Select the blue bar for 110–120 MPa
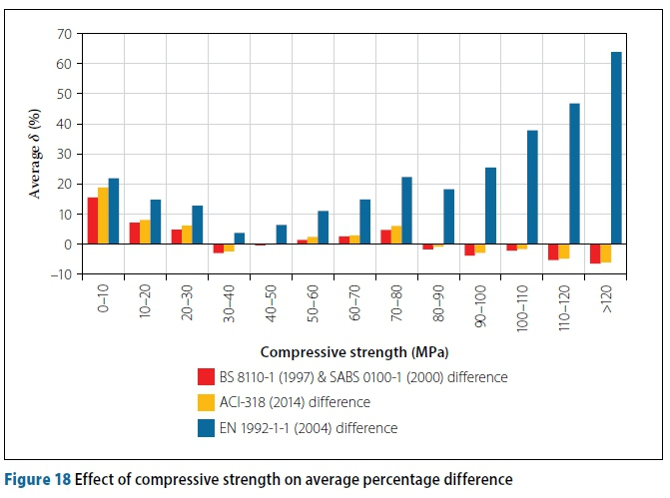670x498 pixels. (574, 174)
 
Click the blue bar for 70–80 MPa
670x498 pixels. (406, 211)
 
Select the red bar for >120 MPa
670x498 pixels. (595, 253)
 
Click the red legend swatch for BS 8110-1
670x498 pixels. (207, 377)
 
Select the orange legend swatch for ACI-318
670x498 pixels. (207, 402)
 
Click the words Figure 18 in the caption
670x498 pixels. (38, 480)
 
